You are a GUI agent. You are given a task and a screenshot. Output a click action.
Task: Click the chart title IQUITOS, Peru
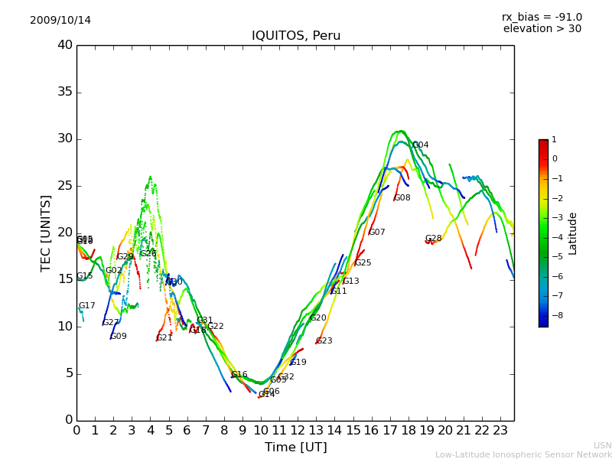(x=295, y=36)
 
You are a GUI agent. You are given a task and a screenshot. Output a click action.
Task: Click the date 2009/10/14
(x=60, y=20)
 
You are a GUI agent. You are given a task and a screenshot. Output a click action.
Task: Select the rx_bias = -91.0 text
(x=542, y=17)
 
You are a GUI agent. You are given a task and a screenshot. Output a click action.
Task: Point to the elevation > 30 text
(x=542, y=29)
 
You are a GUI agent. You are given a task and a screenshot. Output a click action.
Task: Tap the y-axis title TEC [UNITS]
(x=47, y=233)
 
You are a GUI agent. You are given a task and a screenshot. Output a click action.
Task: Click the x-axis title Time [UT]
(x=295, y=447)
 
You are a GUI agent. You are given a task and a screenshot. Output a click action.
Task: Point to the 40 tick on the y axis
(x=65, y=45)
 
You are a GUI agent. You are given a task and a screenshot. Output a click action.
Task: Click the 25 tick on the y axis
(x=65, y=186)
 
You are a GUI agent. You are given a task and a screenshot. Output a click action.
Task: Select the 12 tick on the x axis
(x=298, y=431)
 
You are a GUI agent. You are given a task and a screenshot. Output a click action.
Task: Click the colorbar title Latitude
(x=573, y=233)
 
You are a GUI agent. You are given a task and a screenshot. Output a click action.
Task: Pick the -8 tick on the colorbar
(x=555, y=314)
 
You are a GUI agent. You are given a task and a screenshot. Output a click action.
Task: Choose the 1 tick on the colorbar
(x=555, y=140)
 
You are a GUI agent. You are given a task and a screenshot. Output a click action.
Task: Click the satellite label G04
(x=421, y=145)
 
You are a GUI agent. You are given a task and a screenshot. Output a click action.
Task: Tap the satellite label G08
(x=402, y=198)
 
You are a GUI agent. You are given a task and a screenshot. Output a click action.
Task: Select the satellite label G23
(x=324, y=341)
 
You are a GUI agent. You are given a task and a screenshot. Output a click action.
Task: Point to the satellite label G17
(x=87, y=306)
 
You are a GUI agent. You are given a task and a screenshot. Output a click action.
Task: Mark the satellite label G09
(x=119, y=336)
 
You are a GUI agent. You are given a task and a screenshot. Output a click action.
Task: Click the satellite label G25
(x=363, y=263)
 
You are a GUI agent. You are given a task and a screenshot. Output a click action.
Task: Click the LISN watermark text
(x=602, y=445)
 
